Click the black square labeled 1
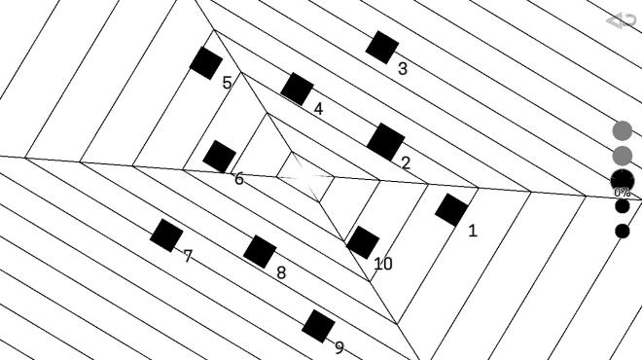click(451, 209)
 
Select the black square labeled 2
click(385, 141)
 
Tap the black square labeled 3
click(382, 47)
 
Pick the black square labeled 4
click(297, 89)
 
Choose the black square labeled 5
click(205, 63)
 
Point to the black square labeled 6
click(219, 156)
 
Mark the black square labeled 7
click(166, 234)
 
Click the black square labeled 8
click(260, 251)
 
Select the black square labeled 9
click(318, 326)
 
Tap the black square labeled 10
click(363, 242)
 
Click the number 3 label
click(403, 69)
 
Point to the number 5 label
click(227, 84)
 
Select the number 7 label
click(188, 257)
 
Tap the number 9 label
click(339, 348)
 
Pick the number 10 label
click(383, 264)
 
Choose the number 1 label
click(473, 232)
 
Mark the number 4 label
click(318, 109)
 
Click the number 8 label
click(281, 273)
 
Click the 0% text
click(623, 193)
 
